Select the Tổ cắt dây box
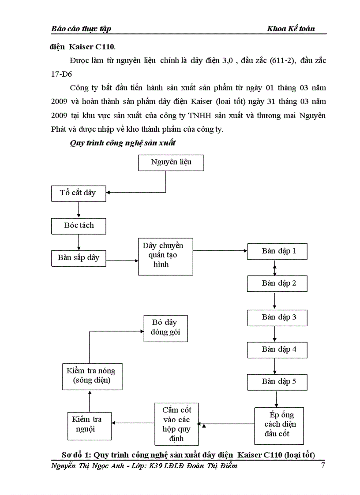(79, 193)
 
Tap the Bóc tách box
(79, 225)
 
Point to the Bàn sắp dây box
(79, 258)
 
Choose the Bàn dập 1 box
(277, 251)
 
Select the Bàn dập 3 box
(277, 317)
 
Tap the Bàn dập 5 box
(277, 382)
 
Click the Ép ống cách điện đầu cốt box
(279, 425)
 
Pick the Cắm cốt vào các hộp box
(176, 424)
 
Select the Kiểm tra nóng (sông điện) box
(91, 376)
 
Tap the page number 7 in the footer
(323, 465)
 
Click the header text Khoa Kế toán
(291, 29)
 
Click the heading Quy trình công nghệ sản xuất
(123, 143)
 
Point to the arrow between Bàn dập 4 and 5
(275, 366)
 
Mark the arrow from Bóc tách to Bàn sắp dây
(79, 242)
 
